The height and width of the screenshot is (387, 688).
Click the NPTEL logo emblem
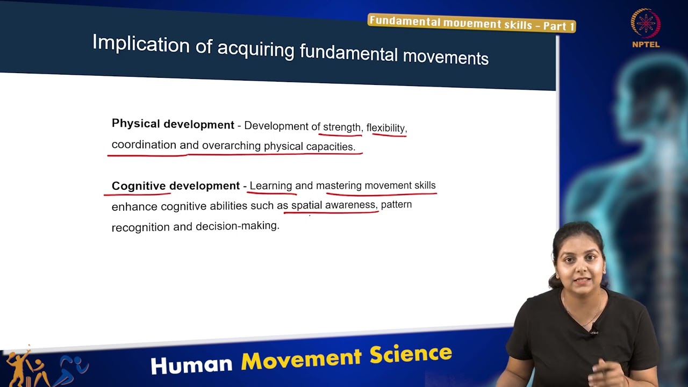[646, 24]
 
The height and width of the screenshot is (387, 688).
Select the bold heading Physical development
[173, 124]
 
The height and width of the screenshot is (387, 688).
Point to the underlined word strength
[341, 127]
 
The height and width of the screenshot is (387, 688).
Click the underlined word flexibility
[385, 128]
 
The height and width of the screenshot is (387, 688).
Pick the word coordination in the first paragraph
[144, 145]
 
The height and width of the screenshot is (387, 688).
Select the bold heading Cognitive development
[175, 186]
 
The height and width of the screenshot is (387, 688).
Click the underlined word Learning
[270, 186]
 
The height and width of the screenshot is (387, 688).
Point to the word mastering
[339, 186]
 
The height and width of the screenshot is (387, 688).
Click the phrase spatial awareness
[333, 205]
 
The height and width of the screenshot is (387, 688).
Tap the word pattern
[396, 205]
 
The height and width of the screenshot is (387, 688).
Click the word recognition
[140, 227]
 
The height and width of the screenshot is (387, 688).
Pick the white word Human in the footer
[191, 364]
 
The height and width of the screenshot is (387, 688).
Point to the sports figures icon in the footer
[46, 368]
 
